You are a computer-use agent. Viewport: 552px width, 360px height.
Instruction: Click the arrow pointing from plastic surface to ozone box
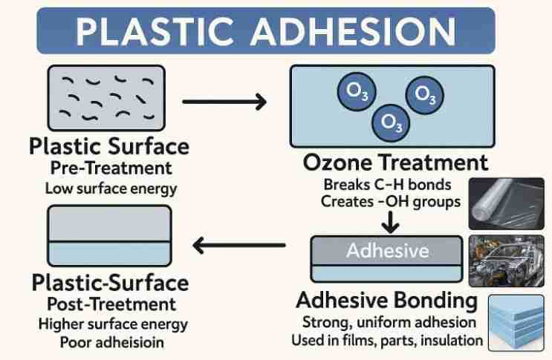click(x=224, y=101)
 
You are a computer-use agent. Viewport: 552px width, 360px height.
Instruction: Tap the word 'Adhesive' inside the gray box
click(x=387, y=250)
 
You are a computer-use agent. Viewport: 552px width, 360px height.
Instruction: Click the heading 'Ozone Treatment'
click(x=396, y=163)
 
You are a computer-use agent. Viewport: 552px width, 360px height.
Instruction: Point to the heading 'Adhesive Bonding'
click(x=386, y=301)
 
